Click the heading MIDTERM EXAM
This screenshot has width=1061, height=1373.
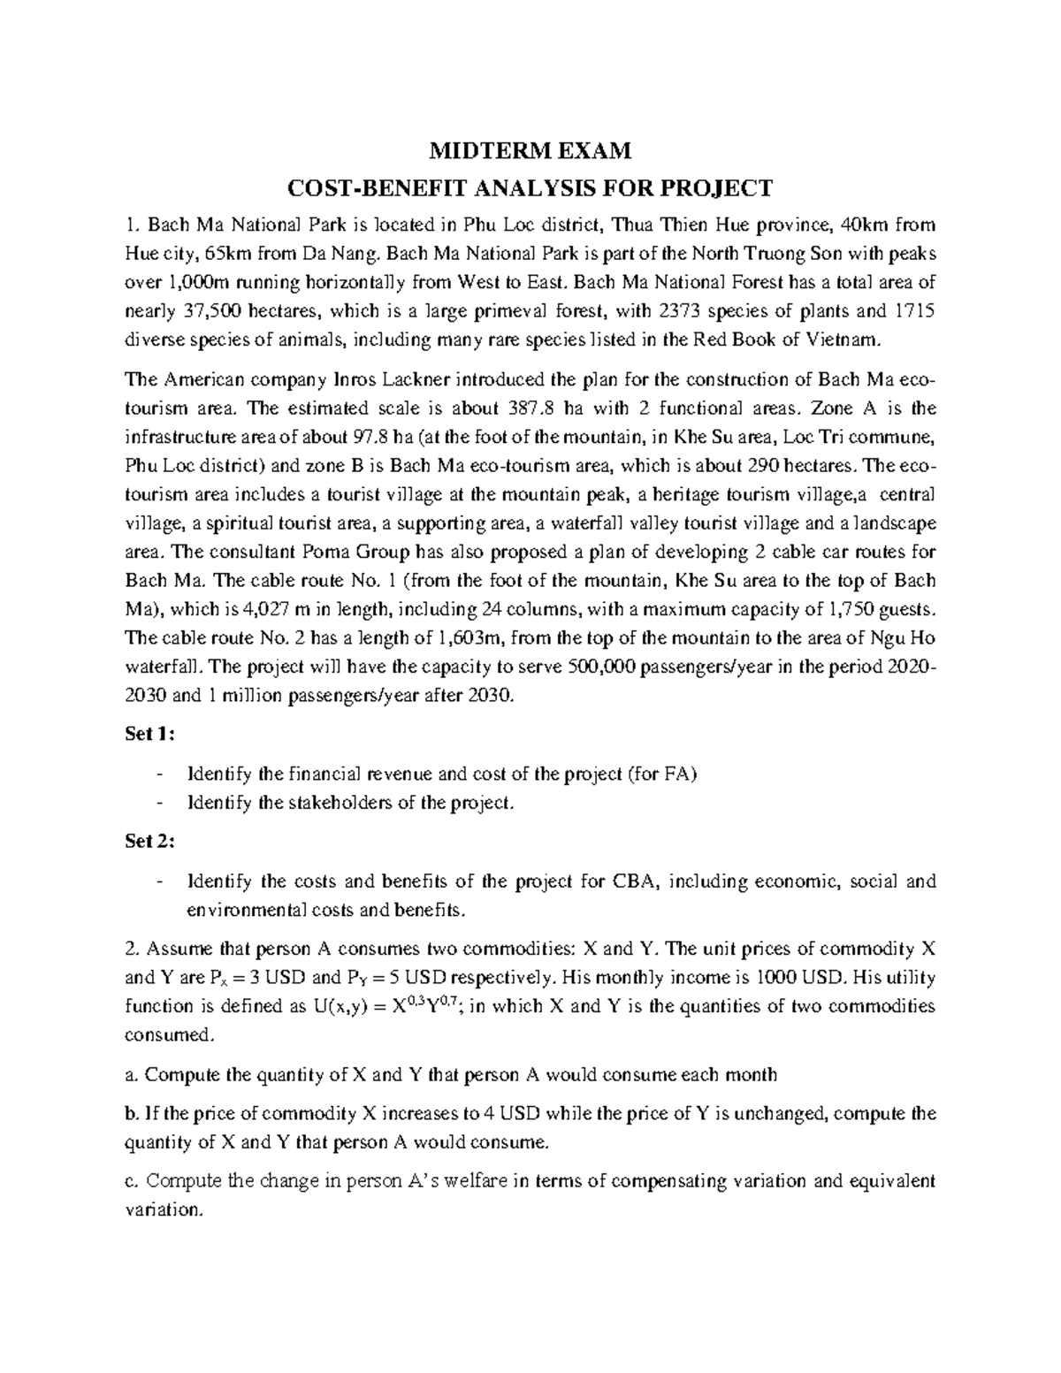[530, 151]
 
